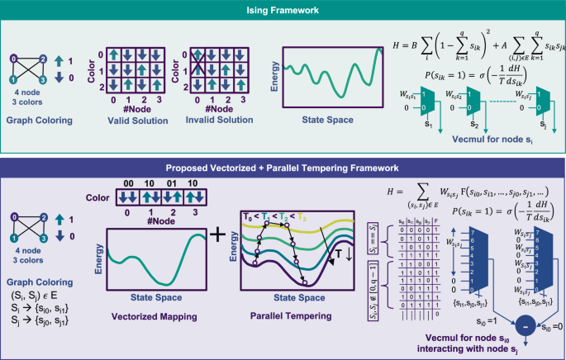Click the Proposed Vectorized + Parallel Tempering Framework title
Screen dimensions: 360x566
click(283, 168)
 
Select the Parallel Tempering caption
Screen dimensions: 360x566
click(278, 314)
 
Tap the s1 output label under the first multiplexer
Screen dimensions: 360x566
click(429, 128)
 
